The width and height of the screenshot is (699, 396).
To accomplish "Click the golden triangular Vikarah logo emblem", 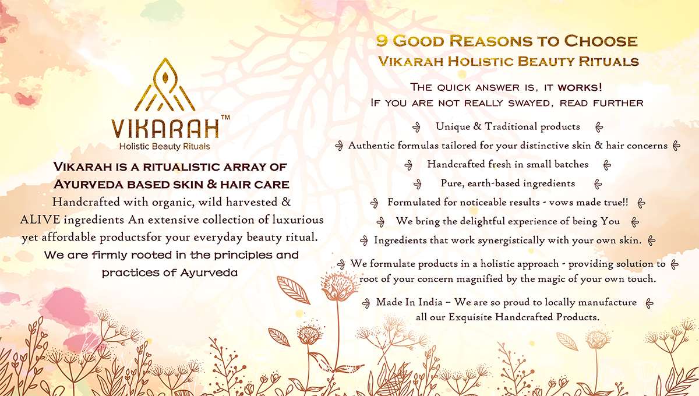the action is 165,85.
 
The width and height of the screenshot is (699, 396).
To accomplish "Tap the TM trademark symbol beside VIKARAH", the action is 225,117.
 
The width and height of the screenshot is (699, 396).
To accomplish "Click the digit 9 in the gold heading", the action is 382,41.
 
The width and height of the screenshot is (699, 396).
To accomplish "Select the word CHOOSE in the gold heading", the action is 601,41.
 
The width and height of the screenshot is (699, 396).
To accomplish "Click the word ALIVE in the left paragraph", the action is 40,220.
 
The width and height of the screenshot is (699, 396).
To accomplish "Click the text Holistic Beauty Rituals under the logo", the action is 164,146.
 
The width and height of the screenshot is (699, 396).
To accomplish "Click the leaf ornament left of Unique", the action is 416,127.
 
